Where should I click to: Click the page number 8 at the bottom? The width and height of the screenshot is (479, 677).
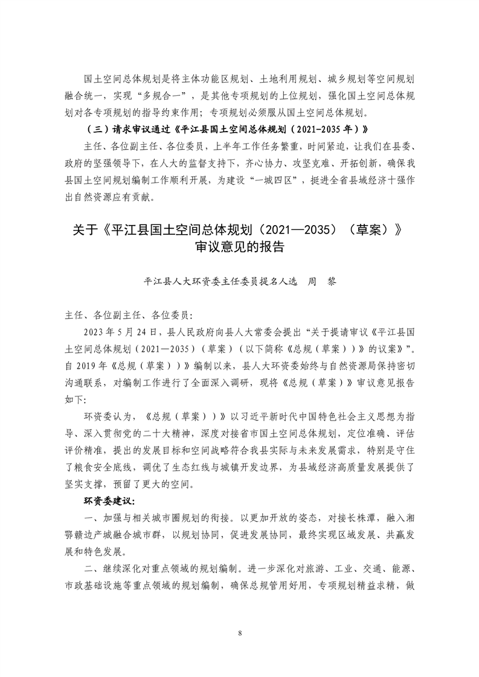[x=240, y=633]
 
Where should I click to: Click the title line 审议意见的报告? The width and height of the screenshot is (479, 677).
[x=239, y=247]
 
